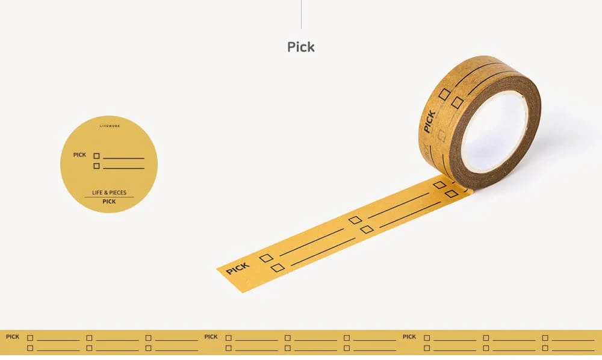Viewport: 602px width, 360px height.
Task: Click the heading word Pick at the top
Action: (x=301, y=47)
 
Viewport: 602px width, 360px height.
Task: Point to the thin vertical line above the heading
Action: (x=301, y=14)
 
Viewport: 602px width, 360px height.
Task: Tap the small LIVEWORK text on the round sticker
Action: (x=110, y=126)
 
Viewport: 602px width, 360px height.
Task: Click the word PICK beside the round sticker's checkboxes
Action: (x=79, y=155)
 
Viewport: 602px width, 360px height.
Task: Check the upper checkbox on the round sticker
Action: (x=96, y=156)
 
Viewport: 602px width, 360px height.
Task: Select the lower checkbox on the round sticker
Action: (x=96, y=166)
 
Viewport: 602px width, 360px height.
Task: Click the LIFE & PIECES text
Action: (x=109, y=192)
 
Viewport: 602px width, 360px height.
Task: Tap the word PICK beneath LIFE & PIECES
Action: (x=109, y=201)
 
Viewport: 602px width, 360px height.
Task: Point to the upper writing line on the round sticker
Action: (x=123, y=158)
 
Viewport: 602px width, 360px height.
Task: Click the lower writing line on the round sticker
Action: (x=123, y=168)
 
